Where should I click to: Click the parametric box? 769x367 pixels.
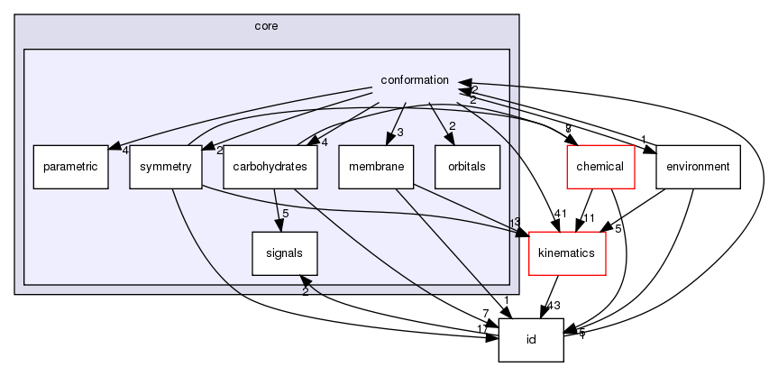[x=71, y=167]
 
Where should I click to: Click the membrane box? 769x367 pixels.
[x=376, y=167]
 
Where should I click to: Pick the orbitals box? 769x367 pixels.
[x=467, y=167]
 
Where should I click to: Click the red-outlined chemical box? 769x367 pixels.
[x=600, y=167]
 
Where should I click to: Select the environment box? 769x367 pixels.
[x=698, y=167]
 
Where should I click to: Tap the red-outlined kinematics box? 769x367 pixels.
[x=565, y=252]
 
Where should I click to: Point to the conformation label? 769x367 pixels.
[x=415, y=80]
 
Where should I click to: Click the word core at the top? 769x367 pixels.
[x=266, y=26]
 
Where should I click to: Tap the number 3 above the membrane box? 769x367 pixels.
[x=399, y=133]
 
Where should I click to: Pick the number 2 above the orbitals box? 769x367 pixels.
[x=452, y=125]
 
